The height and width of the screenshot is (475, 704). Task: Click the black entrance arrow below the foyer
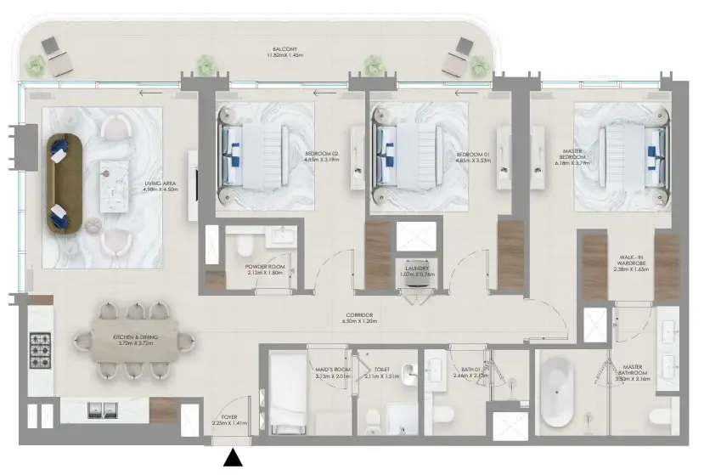(x=231, y=460)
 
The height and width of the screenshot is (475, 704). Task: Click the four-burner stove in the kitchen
(x=40, y=348)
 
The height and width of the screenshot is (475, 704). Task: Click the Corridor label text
(x=358, y=318)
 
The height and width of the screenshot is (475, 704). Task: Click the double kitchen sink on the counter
(x=104, y=410)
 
